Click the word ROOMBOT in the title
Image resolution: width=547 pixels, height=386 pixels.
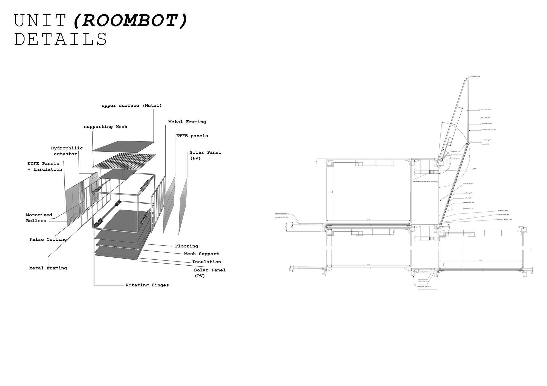tap(130, 21)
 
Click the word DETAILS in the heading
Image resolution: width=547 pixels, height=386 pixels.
tap(60, 39)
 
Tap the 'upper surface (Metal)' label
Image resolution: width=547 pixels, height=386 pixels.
tap(131, 106)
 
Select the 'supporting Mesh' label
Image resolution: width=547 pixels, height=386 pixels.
tap(106, 127)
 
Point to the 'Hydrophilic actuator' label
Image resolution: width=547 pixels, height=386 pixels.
tap(67, 151)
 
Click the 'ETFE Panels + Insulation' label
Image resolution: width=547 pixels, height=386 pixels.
tap(45, 167)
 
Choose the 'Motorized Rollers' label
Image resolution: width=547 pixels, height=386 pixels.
tap(39, 218)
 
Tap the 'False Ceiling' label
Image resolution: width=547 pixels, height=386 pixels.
tap(48, 239)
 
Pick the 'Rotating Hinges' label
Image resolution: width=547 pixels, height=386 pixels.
tap(147, 285)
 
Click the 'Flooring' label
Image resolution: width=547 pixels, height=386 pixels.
tap(186, 246)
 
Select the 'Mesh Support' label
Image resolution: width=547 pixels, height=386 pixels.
tap(201, 254)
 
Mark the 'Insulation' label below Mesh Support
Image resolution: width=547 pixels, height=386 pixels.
tap(206, 262)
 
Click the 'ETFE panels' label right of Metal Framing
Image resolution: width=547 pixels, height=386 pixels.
tap(192, 136)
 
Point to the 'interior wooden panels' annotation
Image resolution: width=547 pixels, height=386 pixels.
tap(485, 109)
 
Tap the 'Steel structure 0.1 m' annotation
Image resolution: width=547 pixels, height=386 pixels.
tap(468, 208)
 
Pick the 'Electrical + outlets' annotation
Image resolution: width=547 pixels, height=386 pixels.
tap(468, 183)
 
